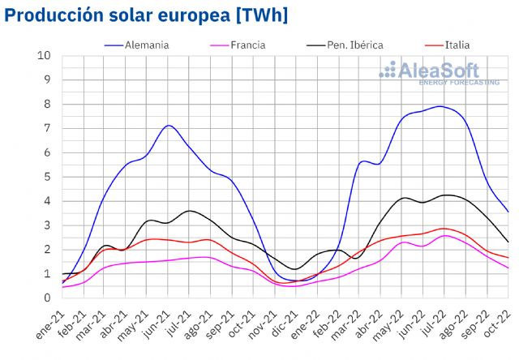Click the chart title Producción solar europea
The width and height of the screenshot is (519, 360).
coord(147,15)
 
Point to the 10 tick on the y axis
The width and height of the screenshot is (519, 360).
coord(45,56)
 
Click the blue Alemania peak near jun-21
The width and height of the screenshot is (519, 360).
coord(168,125)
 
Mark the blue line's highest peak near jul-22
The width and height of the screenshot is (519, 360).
coord(440,106)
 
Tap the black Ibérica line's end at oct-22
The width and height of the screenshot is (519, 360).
coord(508,242)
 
